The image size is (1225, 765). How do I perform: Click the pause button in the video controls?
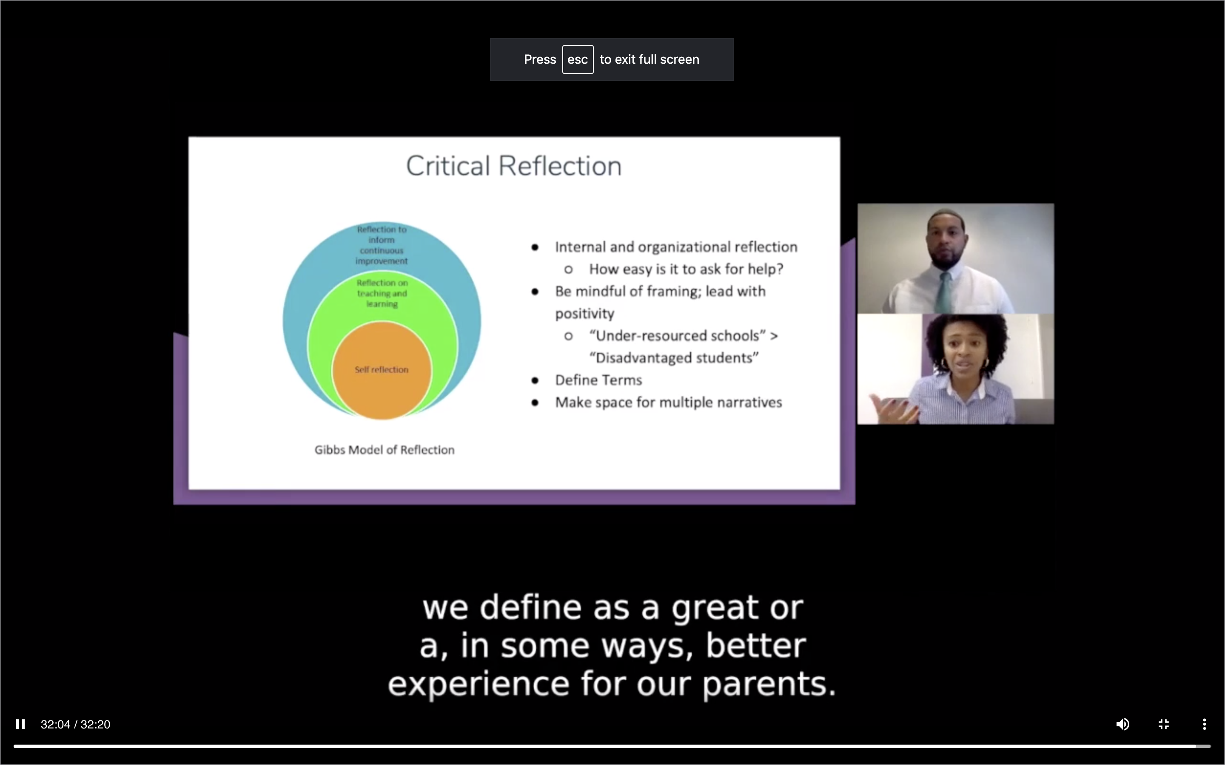[20, 724]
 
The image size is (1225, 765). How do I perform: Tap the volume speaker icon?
[1122, 724]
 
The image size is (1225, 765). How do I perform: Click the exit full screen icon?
[1163, 724]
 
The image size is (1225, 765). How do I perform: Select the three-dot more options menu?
[1204, 724]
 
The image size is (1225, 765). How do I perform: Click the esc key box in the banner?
[578, 59]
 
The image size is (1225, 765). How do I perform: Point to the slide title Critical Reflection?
[514, 166]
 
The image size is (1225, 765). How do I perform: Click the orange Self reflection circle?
[382, 370]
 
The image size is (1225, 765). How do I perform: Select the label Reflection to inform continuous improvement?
[382, 245]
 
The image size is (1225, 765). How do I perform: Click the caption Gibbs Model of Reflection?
[384, 450]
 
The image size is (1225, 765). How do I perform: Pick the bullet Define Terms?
[598, 380]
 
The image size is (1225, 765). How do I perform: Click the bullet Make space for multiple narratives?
[668, 402]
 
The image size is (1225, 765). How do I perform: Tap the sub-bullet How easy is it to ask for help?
[686, 269]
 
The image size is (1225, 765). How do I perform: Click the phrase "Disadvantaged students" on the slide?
[674, 358]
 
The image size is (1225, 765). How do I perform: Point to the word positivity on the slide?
[585, 314]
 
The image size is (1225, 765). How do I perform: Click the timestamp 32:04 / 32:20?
[75, 725]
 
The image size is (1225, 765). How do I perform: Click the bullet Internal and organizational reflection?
[676, 247]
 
